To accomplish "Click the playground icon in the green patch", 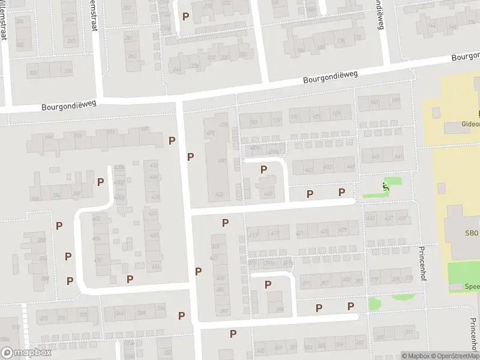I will tap(385, 187).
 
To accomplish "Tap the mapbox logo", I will tap(26, 352).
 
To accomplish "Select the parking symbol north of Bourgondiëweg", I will tap(185, 16).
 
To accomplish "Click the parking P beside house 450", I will tap(263, 170).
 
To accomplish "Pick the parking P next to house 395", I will tap(268, 284).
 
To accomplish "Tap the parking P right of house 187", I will tap(172, 140).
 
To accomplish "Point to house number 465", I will tap(219, 194).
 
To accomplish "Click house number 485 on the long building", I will tap(222, 161).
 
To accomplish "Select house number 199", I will tap(47, 137).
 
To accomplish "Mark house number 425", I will tap(325, 230).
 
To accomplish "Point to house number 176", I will tap(341, 41).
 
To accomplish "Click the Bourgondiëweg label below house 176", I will tap(331, 77).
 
